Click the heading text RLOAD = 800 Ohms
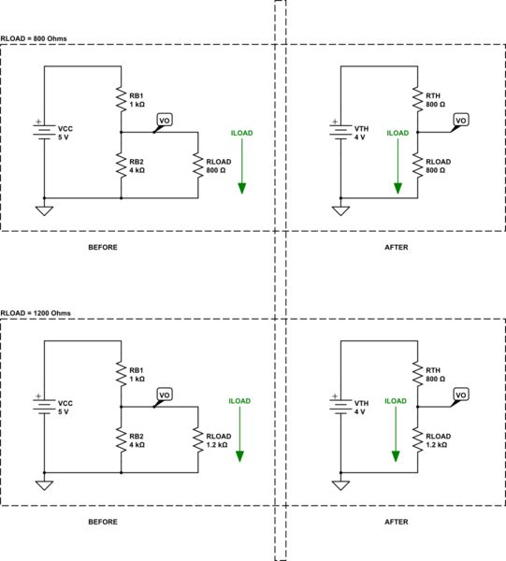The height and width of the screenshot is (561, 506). [x=35, y=38]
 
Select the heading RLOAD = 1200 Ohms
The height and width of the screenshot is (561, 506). [x=36, y=312]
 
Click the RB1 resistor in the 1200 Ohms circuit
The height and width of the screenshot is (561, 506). [x=122, y=374]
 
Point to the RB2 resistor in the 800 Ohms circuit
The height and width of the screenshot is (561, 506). [x=122, y=165]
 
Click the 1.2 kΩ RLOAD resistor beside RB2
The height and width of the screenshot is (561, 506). [x=198, y=439]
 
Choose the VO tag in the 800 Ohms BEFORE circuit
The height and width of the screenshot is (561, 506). [x=165, y=121]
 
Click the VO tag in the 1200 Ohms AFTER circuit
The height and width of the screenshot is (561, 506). [x=460, y=395]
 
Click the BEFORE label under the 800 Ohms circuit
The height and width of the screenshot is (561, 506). [x=103, y=247]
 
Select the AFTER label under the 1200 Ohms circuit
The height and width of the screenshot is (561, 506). [x=397, y=522]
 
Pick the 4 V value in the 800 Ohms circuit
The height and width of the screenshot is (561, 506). [x=360, y=137]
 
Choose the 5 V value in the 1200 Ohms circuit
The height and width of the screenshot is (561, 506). [x=64, y=410]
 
